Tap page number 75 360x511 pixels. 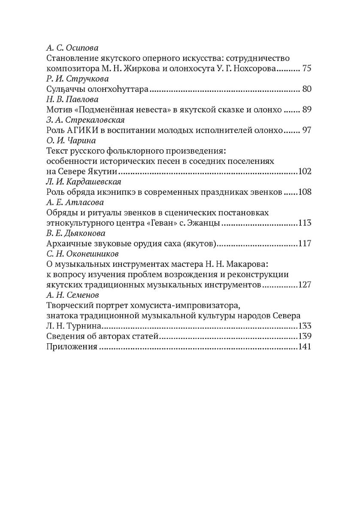pyautogui.click(x=306, y=68)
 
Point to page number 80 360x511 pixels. pyautogui.click(x=306, y=89)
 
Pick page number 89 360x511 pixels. pyautogui.click(x=306, y=110)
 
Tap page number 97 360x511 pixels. pyautogui.click(x=306, y=130)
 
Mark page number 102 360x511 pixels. pyautogui.click(x=304, y=172)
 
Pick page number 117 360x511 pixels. pyautogui.click(x=304, y=244)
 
